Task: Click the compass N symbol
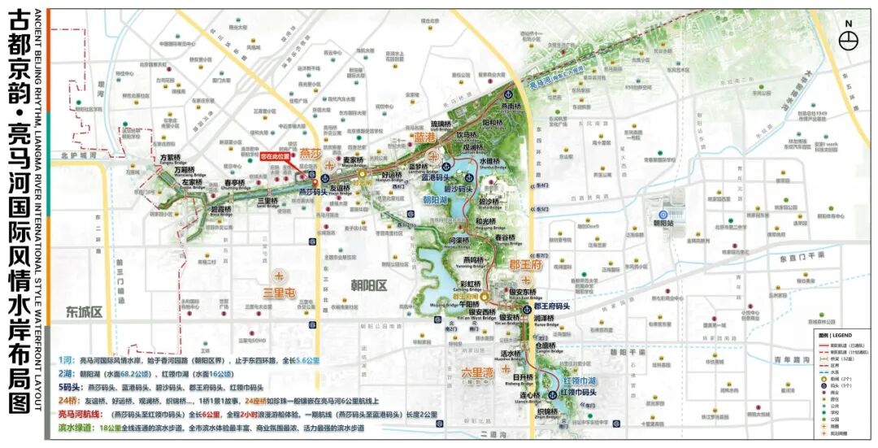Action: tap(849, 38)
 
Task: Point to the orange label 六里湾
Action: tap(477, 372)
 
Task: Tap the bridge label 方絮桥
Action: tap(172, 159)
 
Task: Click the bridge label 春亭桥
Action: tap(234, 183)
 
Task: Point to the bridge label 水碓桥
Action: tap(489, 161)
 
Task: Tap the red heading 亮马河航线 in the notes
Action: tap(84, 414)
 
